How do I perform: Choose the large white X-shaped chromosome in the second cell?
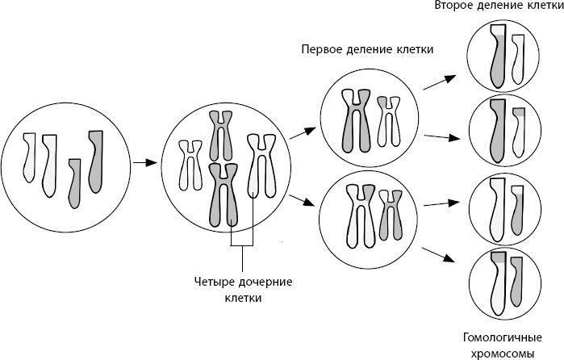tap(261, 166)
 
